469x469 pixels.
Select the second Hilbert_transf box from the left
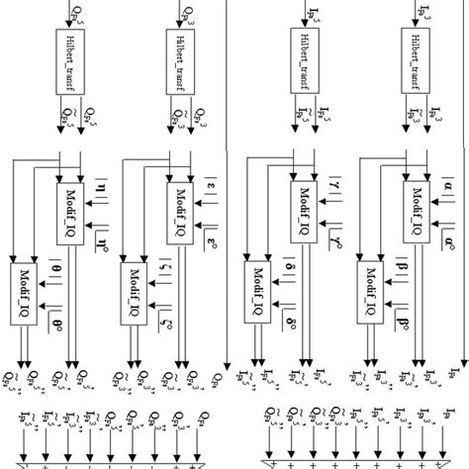[180, 61]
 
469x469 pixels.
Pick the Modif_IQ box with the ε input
[179, 206]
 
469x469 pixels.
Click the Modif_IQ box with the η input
[67, 206]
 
